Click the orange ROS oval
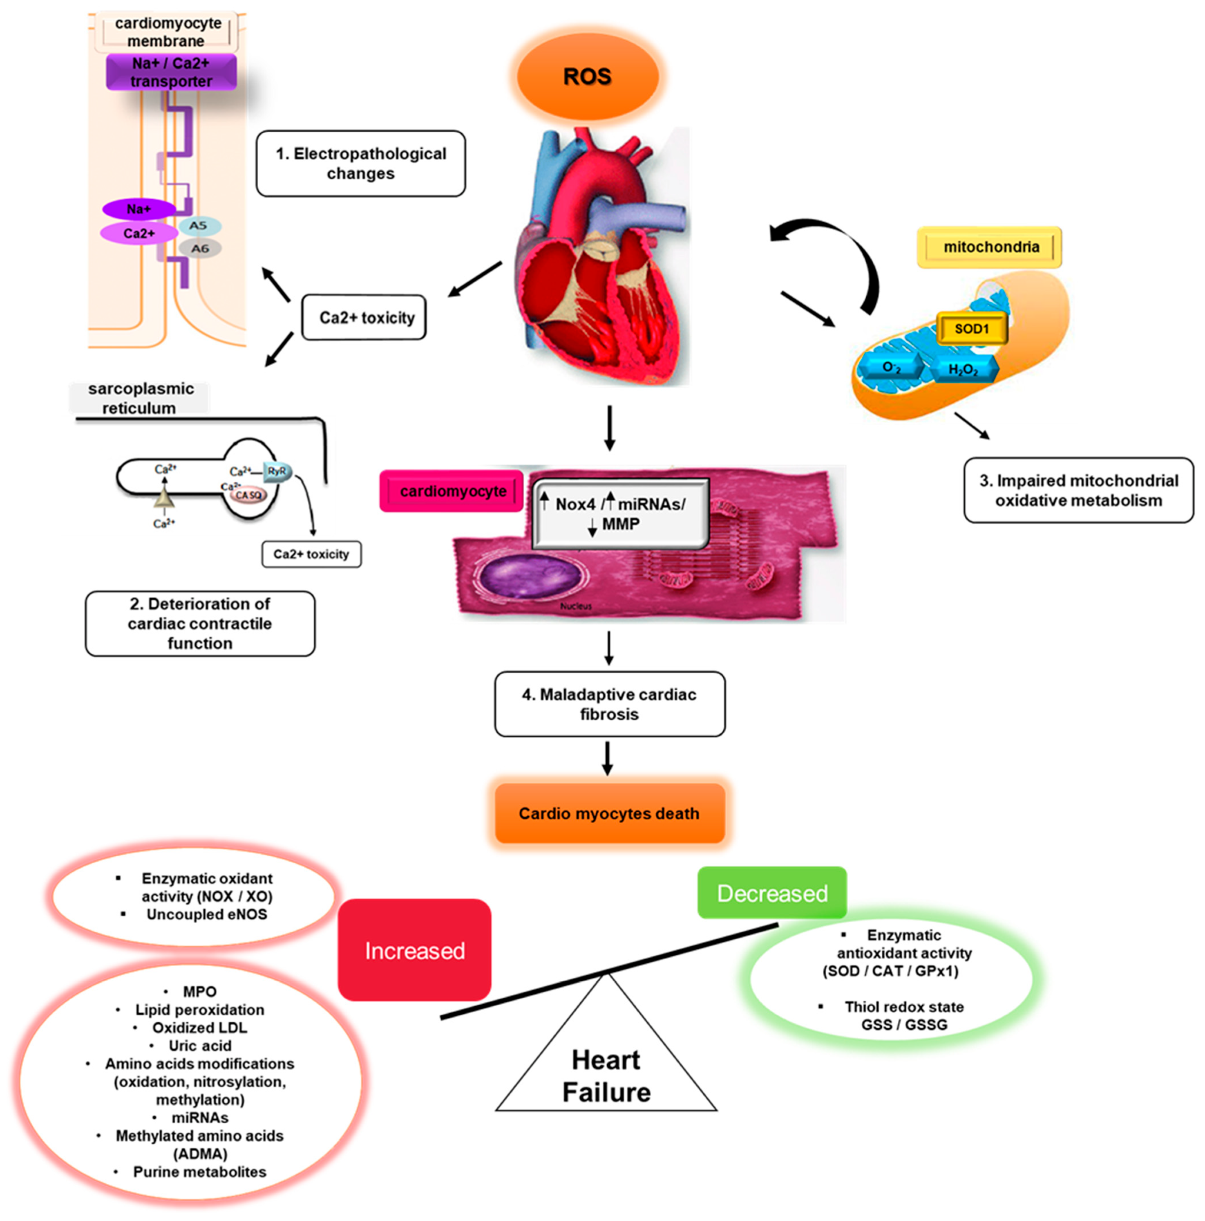(x=587, y=76)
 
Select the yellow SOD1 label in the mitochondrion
(x=971, y=329)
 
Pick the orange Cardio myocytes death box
(x=609, y=813)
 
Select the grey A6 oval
(x=199, y=248)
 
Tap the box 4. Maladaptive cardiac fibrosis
(x=609, y=704)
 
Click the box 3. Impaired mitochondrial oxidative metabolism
(x=1078, y=490)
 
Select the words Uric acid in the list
(x=199, y=1046)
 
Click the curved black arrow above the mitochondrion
(x=840, y=253)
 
